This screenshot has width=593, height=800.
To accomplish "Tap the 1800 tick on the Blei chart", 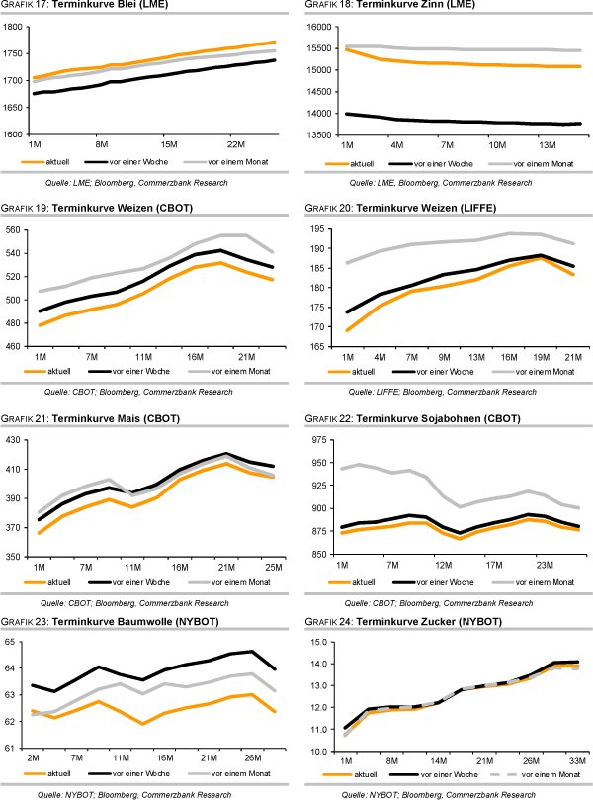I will point(14,27).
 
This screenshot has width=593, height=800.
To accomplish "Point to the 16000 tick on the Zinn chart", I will point(322,27).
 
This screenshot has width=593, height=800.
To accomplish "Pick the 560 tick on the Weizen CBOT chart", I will point(15,230).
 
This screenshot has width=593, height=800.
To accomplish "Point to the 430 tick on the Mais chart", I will point(15,440).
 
